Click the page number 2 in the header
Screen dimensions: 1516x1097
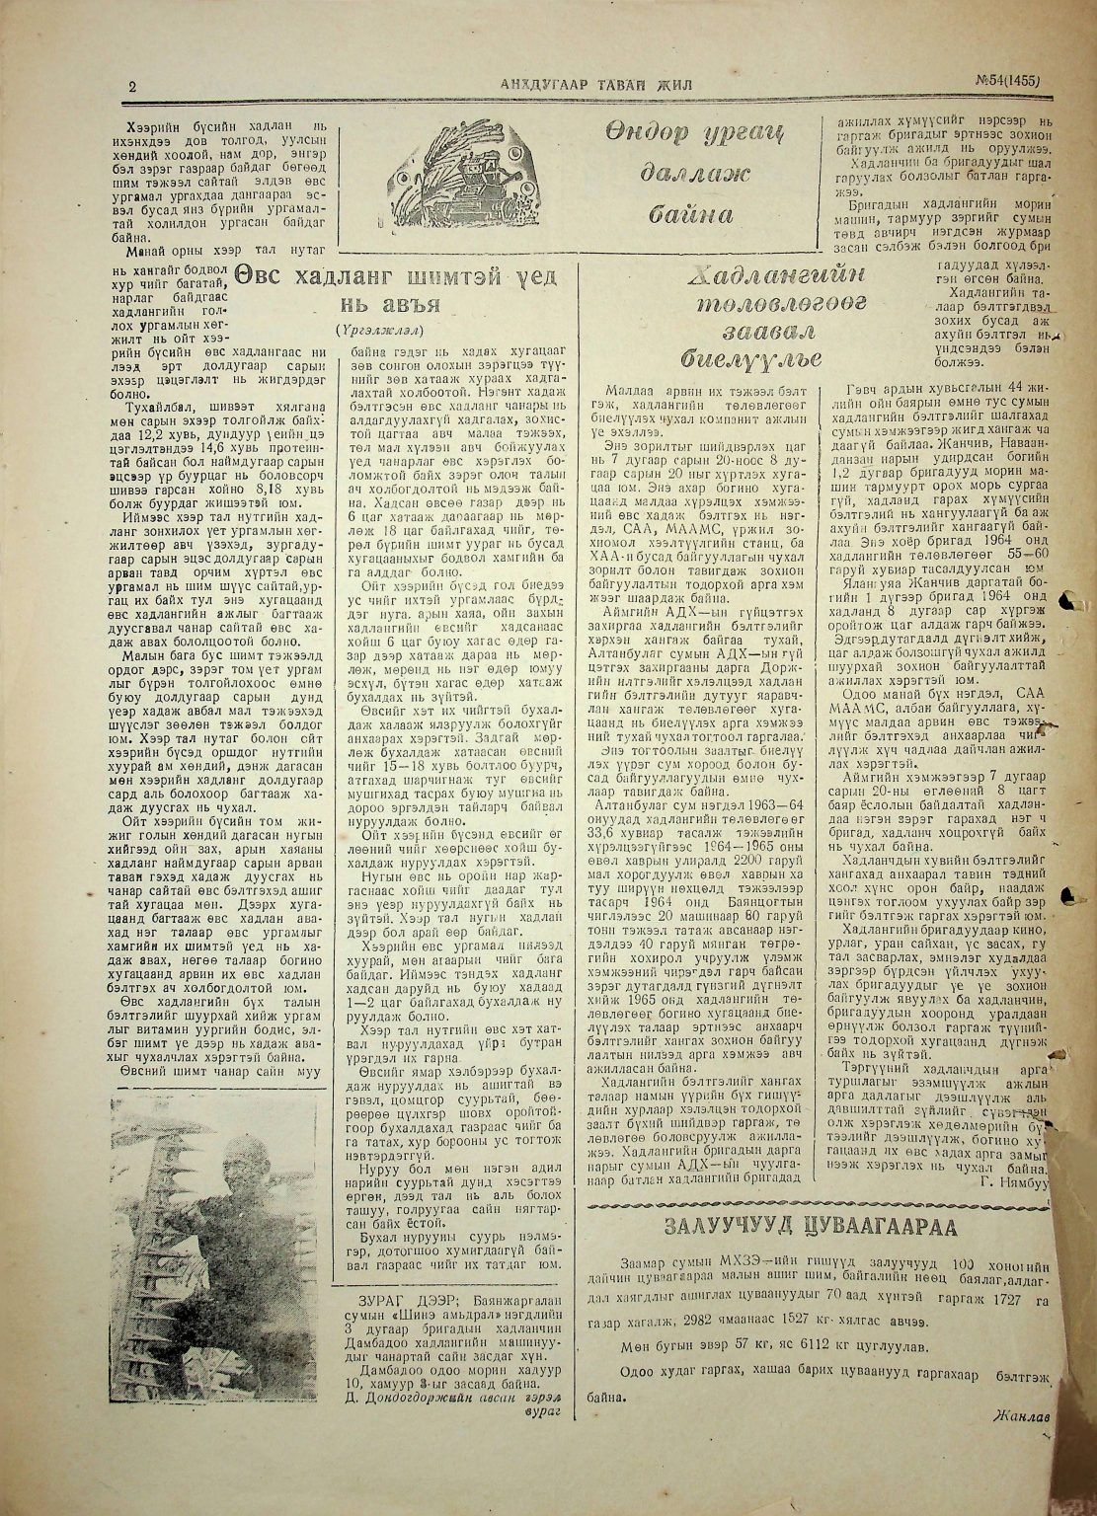[131, 87]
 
